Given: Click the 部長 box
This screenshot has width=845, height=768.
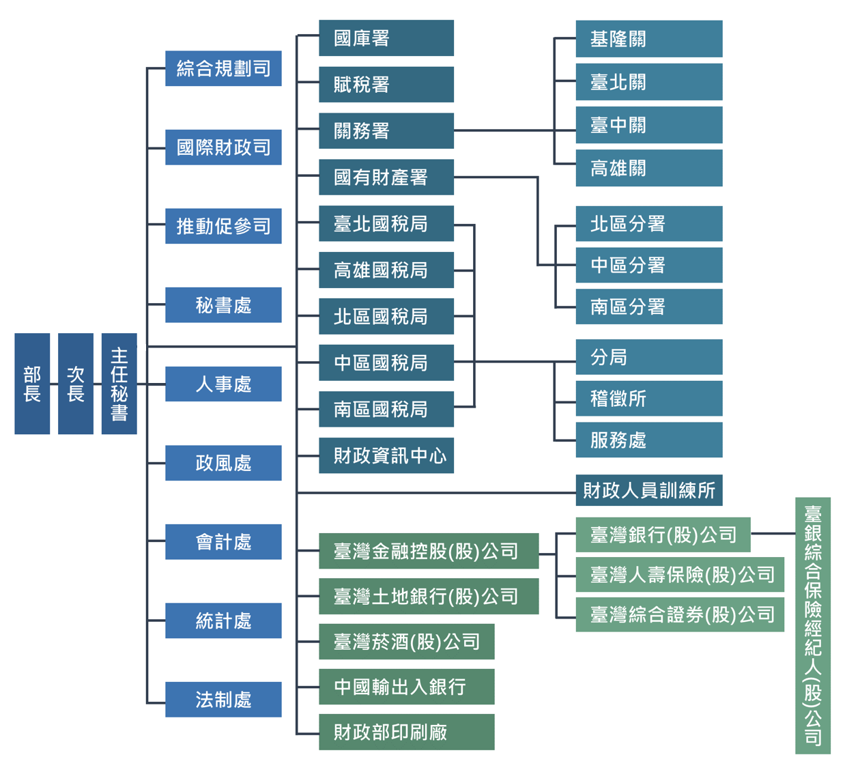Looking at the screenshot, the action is [x=32, y=384].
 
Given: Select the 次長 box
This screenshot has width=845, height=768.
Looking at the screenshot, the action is [x=75, y=384].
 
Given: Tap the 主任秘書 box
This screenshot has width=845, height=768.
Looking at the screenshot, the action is [x=119, y=384].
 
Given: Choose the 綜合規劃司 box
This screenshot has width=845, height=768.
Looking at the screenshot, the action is [x=223, y=68].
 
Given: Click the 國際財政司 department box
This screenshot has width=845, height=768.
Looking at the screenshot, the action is [x=223, y=147].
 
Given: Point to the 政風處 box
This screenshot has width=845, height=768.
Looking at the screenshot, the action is [x=223, y=463].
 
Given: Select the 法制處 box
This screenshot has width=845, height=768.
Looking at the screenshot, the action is [x=223, y=699].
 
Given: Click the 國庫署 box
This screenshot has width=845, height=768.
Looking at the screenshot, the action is [x=386, y=38].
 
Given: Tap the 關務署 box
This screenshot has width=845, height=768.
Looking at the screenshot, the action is [x=386, y=130].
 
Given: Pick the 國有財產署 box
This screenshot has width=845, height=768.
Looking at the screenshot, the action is [x=386, y=177].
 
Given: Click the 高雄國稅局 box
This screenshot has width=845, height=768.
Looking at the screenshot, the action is [x=386, y=270].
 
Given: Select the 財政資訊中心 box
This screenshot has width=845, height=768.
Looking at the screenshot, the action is [x=386, y=455].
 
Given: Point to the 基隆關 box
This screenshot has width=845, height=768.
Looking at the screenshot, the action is [x=649, y=39].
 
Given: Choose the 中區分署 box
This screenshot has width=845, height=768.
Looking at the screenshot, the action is [x=649, y=265].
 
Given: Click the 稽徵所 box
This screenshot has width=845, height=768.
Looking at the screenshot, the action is [x=649, y=398].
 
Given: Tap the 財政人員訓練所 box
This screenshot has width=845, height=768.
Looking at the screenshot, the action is [x=649, y=490].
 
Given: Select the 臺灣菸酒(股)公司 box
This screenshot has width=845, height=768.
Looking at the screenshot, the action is [x=407, y=642].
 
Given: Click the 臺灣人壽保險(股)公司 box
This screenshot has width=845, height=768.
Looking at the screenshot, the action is [x=680, y=575].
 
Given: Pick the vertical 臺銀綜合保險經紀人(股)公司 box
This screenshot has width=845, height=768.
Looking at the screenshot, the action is [x=813, y=625].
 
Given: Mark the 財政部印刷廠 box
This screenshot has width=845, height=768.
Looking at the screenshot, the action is [x=407, y=733].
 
